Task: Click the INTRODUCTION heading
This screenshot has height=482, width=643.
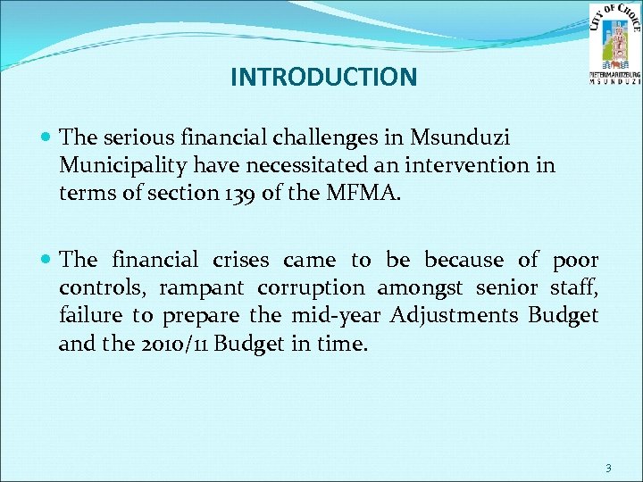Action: pyautogui.click(x=323, y=78)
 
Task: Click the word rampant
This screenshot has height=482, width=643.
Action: pyautogui.click(x=212, y=288)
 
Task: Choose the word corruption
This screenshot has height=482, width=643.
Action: pyautogui.click(x=310, y=288)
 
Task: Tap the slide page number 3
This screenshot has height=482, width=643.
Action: pyautogui.click(x=607, y=468)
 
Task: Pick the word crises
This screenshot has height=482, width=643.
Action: pyautogui.click(x=243, y=260)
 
